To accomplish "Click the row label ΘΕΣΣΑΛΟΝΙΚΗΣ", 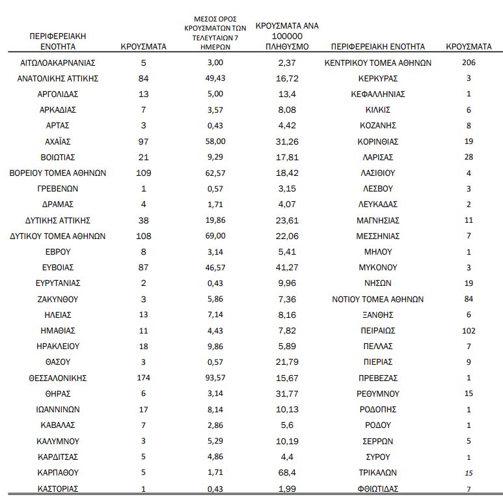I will (57, 378).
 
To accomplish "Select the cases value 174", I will (144, 378).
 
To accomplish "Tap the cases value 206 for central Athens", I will (469, 63).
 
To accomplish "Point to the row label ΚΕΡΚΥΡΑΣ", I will (378, 78).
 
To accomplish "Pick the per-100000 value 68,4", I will (287, 473).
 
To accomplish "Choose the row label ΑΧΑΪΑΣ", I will (57, 141).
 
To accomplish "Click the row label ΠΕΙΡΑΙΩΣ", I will (378, 331).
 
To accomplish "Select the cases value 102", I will (469, 331).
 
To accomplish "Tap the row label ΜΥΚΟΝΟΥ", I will (378, 268).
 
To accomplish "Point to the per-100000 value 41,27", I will (287, 268).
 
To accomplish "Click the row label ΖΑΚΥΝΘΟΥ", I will (57, 299).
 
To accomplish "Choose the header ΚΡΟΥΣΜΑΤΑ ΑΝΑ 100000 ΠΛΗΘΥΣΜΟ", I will (287, 36).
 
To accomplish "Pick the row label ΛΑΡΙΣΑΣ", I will (378, 157).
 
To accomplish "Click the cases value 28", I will (469, 157).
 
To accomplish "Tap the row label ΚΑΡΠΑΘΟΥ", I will (57, 473).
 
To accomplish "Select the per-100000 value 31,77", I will (287, 394).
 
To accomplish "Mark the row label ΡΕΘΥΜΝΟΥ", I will (378, 394).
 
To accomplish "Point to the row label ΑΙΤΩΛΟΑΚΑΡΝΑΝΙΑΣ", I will (57, 63).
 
